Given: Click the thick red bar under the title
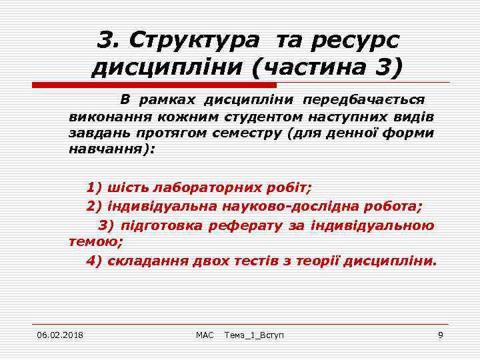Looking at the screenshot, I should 155,85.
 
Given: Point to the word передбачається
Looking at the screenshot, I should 363,99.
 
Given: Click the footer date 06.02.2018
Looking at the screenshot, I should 60,334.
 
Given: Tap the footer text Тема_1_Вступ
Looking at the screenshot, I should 254,334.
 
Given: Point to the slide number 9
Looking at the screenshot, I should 440,334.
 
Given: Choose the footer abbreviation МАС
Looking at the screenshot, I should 205,334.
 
